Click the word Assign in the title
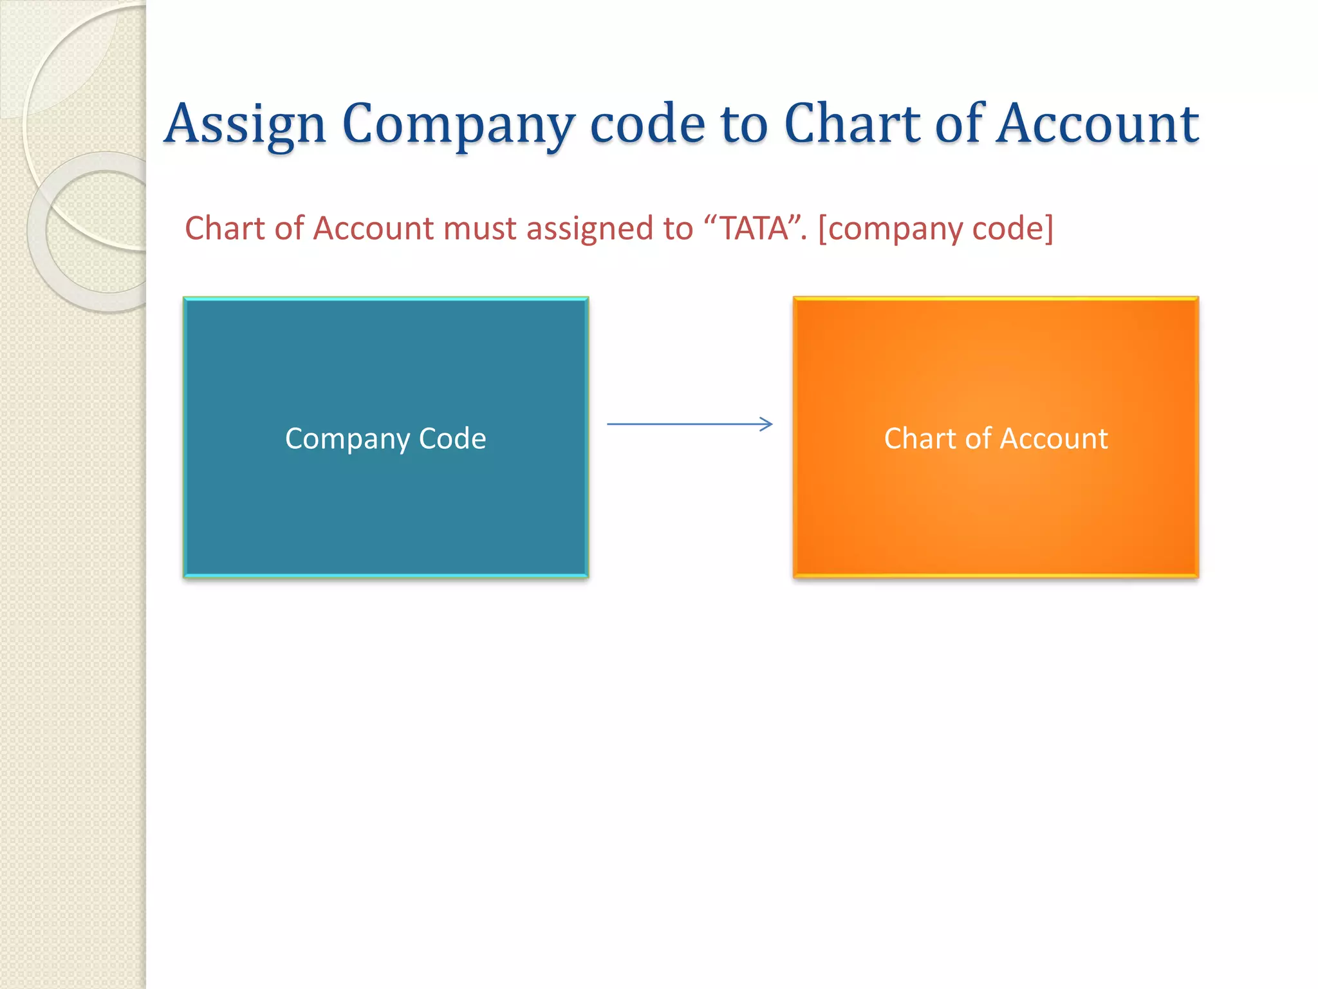click(245, 124)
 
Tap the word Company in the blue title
click(458, 124)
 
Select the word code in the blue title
click(647, 124)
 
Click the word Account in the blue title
click(1097, 124)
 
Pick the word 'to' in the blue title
click(744, 124)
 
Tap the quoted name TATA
click(754, 229)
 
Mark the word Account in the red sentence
click(374, 229)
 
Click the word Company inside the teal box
click(347, 439)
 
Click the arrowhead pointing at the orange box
click(766, 424)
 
